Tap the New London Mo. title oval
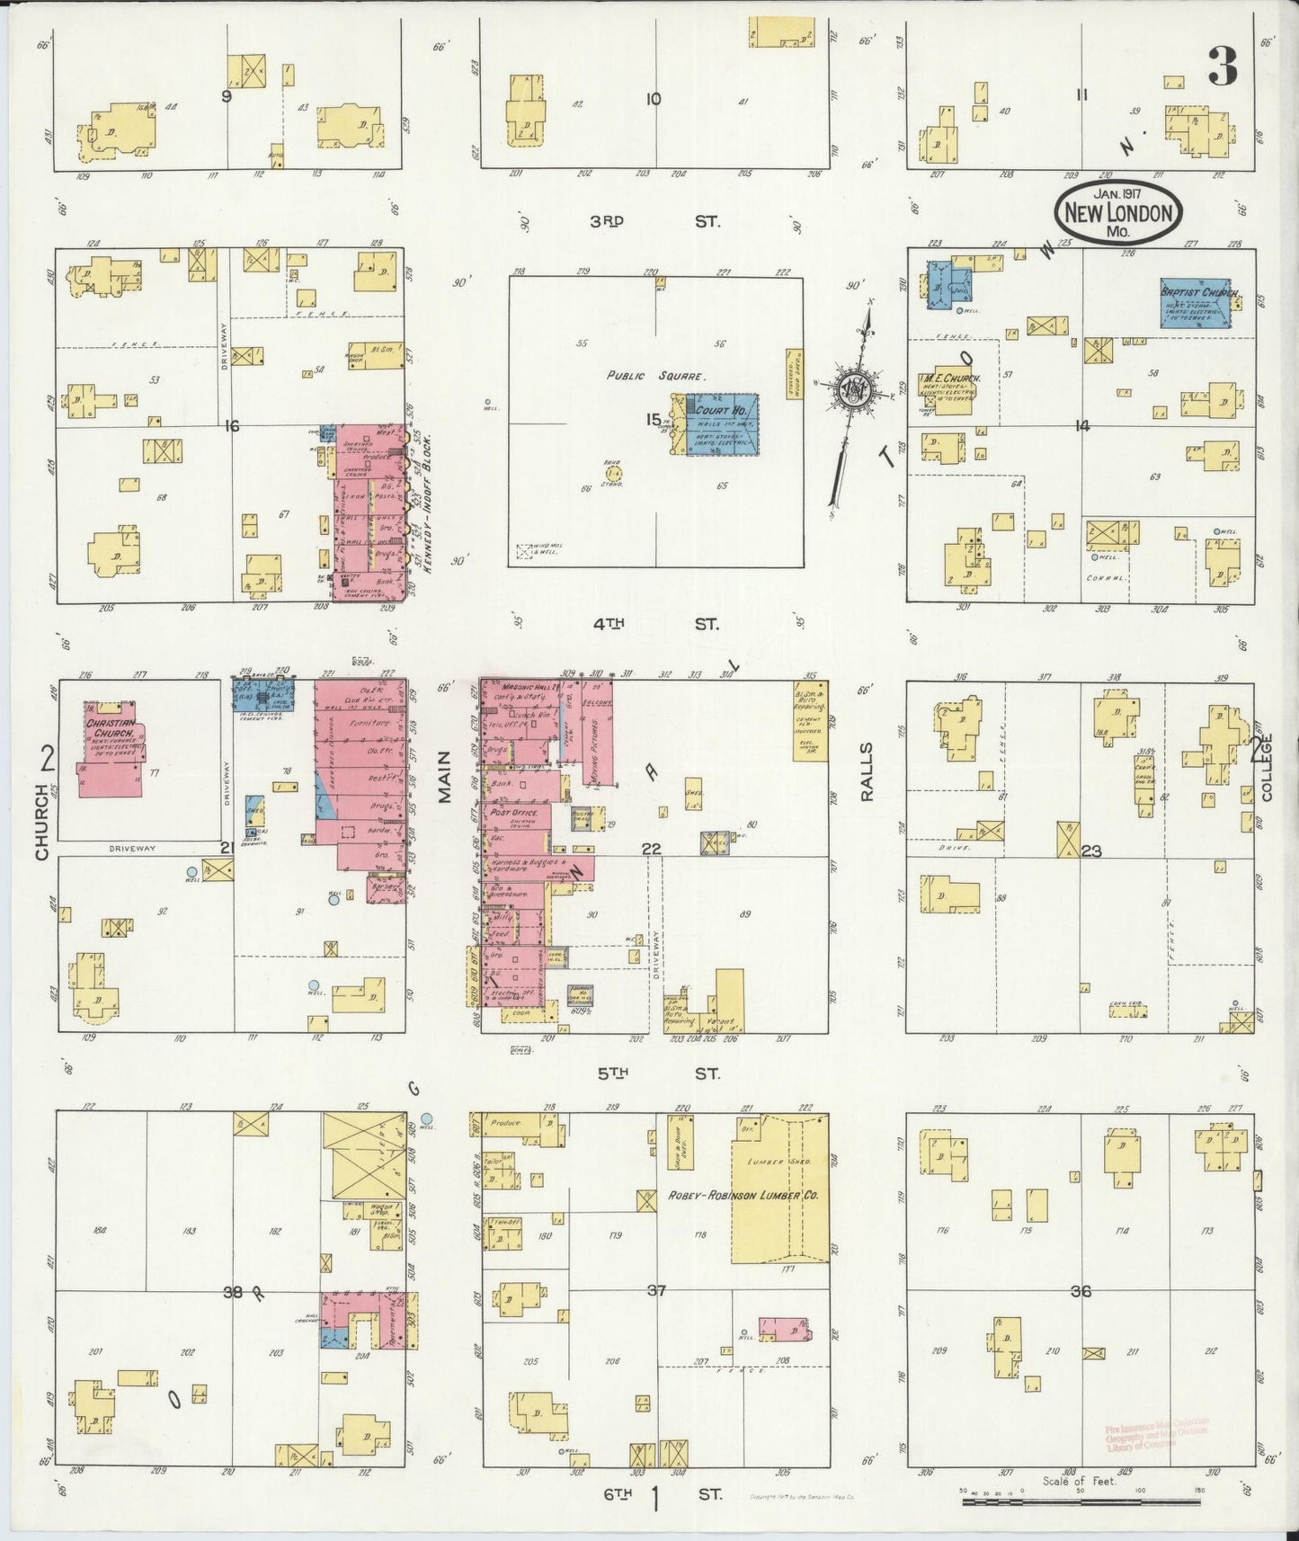coord(1118,213)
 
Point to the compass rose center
coord(850,389)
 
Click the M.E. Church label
coord(949,379)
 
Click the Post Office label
coord(514,812)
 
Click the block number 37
coord(656,1291)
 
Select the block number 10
coord(654,99)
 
